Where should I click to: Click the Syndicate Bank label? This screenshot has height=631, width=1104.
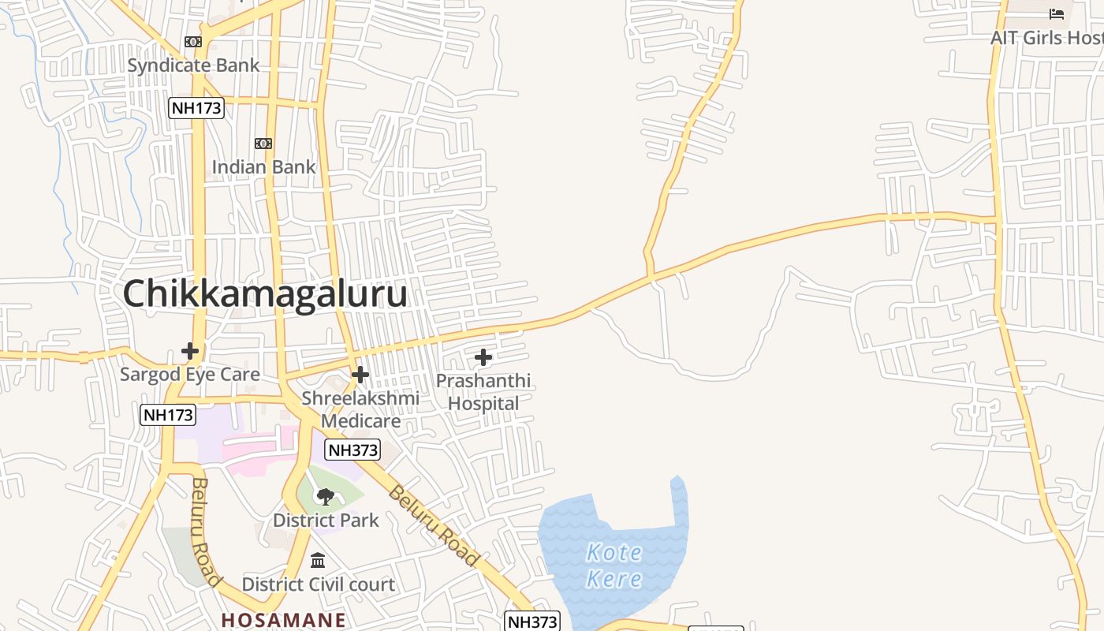click(x=193, y=65)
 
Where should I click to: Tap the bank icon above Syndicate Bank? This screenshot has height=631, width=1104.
click(x=193, y=41)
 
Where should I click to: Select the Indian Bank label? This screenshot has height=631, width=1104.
click(x=263, y=167)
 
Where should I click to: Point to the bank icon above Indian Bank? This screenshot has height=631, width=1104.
click(x=263, y=143)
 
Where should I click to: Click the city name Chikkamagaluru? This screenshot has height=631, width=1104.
click(x=265, y=294)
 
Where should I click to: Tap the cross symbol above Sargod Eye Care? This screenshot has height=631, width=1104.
click(x=190, y=350)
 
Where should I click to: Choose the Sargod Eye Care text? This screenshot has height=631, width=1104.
click(x=190, y=374)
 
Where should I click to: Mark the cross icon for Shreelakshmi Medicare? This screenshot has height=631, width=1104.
click(x=360, y=374)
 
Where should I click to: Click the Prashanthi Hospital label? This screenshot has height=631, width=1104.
click(x=483, y=392)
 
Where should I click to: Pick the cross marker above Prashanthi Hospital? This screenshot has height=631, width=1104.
click(x=483, y=357)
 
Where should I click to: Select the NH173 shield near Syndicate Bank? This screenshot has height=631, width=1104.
click(x=196, y=107)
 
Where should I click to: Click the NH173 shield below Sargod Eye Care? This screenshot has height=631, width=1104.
click(x=168, y=414)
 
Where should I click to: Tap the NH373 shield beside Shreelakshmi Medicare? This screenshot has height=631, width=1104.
click(x=352, y=450)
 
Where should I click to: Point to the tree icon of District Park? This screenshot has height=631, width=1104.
click(x=325, y=496)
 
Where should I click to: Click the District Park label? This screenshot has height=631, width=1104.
click(x=326, y=521)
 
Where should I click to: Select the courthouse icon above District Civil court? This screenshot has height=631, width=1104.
click(x=318, y=560)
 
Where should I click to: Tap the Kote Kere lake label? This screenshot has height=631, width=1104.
click(x=614, y=565)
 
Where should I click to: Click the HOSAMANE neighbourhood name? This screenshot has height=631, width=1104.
click(x=283, y=620)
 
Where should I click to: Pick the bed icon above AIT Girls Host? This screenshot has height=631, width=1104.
click(x=1057, y=14)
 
